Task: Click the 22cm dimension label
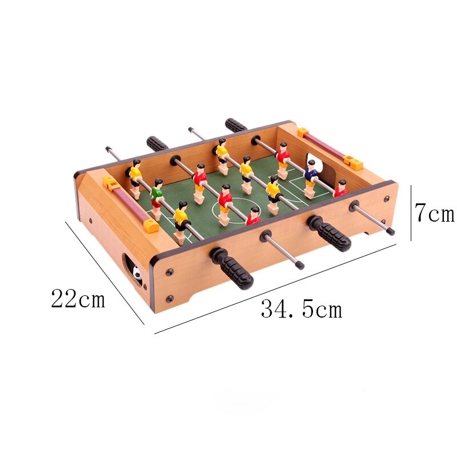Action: point(78,298)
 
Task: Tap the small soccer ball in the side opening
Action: point(137,275)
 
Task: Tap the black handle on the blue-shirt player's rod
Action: point(235,125)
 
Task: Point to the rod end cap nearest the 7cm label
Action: point(391,232)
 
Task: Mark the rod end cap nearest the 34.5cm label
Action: point(300,264)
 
